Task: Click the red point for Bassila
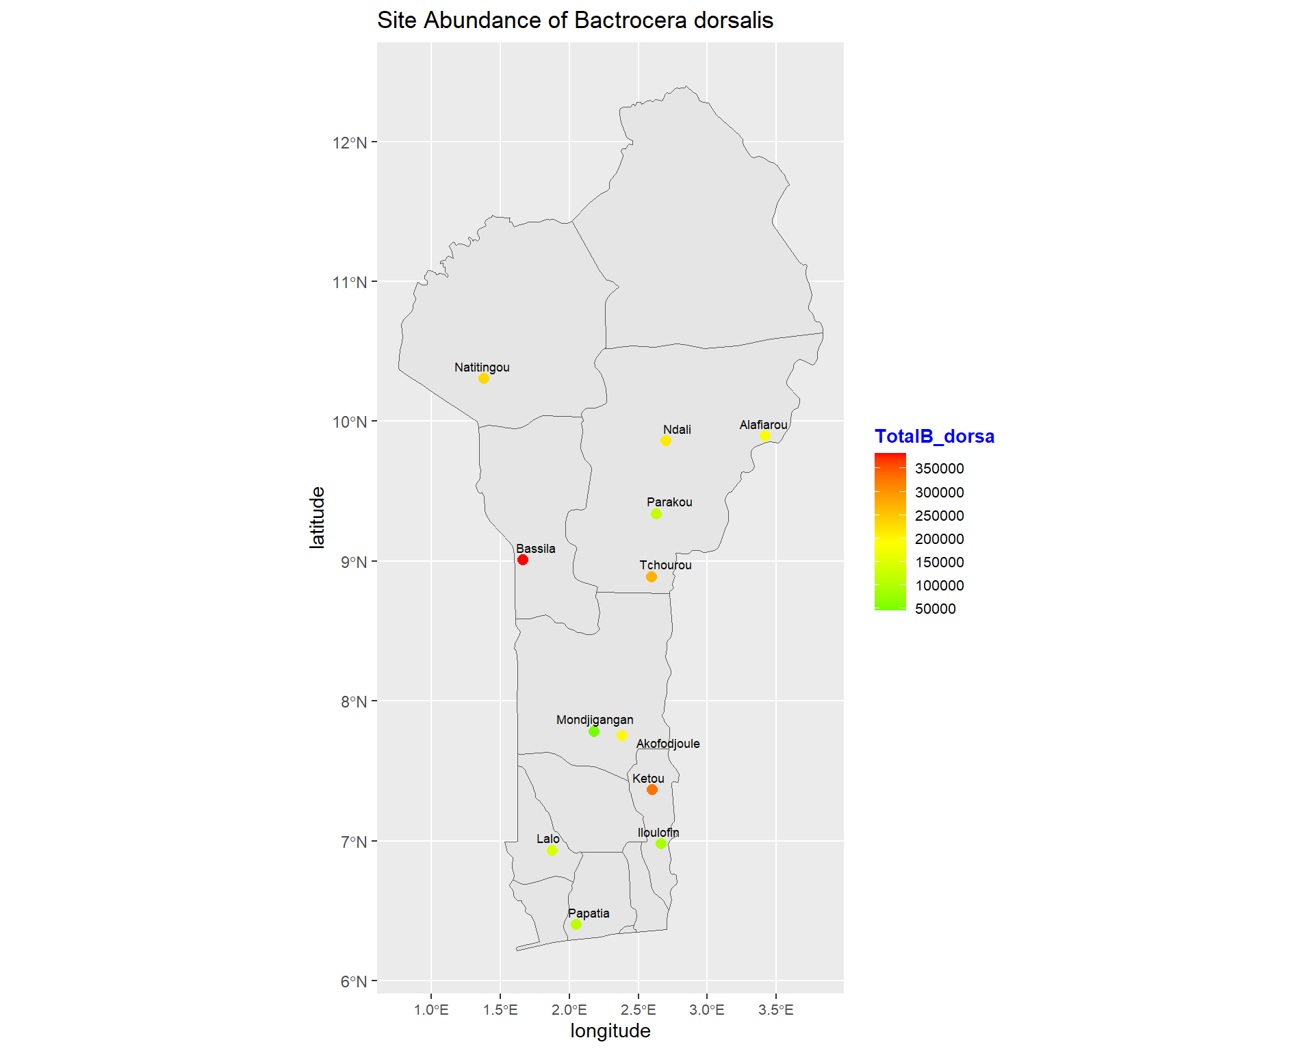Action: (x=523, y=560)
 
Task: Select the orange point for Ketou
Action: (x=652, y=790)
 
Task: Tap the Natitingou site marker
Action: (x=484, y=378)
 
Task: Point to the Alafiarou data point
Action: (x=765, y=436)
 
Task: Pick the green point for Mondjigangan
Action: (x=594, y=731)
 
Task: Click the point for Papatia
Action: (x=576, y=924)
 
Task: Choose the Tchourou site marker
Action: (x=652, y=577)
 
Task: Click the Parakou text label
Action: (x=669, y=502)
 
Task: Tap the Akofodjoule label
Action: (x=668, y=744)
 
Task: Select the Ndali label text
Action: (x=677, y=430)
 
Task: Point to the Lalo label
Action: (x=548, y=839)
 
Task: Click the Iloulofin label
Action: (x=658, y=833)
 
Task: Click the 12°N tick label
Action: (x=350, y=142)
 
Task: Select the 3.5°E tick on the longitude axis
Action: (x=776, y=1010)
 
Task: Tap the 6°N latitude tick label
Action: (x=354, y=981)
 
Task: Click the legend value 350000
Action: (x=939, y=469)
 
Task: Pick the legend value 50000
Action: (x=935, y=609)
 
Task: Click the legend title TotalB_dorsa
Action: (x=934, y=437)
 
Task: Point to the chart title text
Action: (x=575, y=21)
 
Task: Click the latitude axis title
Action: (x=317, y=517)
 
